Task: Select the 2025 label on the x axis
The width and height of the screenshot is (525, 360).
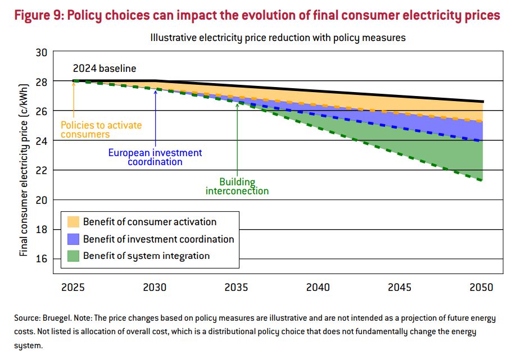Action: (73, 287)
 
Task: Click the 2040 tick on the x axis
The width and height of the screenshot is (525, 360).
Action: (318, 287)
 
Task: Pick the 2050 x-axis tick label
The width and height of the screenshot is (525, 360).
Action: (481, 287)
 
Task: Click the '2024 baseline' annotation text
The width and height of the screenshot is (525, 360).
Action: (105, 69)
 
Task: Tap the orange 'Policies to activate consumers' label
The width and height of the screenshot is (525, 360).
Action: (101, 130)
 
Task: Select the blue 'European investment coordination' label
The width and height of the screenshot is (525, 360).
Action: (155, 157)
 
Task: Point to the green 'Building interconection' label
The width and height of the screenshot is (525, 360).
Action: (237, 186)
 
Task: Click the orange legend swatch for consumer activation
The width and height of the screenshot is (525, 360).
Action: (73, 222)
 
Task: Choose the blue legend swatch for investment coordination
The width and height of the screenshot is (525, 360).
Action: (73, 239)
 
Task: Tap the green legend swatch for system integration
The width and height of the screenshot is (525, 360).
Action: (73, 256)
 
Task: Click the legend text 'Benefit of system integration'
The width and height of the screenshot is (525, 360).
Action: (146, 256)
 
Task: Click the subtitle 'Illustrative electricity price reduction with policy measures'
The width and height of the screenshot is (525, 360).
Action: (278, 38)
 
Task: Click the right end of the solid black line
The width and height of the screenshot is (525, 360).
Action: (483, 102)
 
